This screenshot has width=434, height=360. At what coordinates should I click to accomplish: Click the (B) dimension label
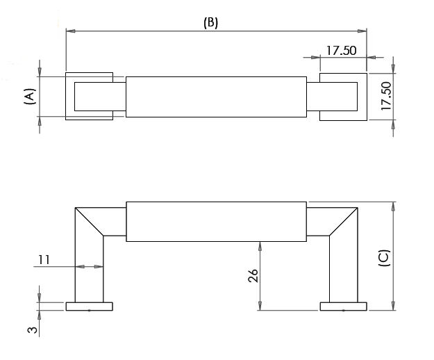coord(210,23)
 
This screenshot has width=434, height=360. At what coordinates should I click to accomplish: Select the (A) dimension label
coord(30,97)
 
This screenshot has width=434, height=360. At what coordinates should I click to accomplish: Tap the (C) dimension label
coord(384,258)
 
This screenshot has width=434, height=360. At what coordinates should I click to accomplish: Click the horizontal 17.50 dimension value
coord(341,51)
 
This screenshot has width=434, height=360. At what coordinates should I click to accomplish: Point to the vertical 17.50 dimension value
coord(386,96)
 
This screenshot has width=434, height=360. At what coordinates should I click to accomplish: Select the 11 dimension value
coord(44,260)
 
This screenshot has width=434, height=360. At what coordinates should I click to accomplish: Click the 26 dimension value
coord(253,275)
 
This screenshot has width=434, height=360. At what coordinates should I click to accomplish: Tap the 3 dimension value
coord(33,330)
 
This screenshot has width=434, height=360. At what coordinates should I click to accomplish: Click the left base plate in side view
coord(89,306)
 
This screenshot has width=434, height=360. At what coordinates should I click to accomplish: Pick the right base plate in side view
coord(344,306)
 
